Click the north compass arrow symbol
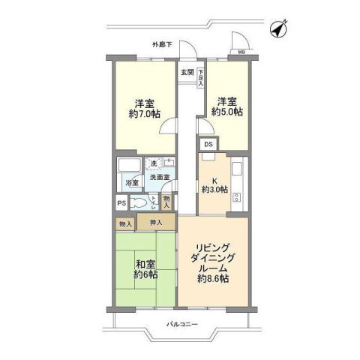[x=277, y=28]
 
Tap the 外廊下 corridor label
[x=161, y=44]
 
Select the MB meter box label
[x=241, y=52]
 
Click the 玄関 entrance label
[x=187, y=73]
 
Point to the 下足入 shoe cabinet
[x=201, y=77]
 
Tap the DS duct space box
[x=208, y=145]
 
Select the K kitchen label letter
[x=214, y=181]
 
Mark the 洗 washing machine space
[x=154, y=163]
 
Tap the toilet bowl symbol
[x=136, y=202]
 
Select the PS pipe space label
[x=121, y=202]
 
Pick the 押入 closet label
[x=156, y=223]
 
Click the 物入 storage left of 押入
[x=124, y=223]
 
